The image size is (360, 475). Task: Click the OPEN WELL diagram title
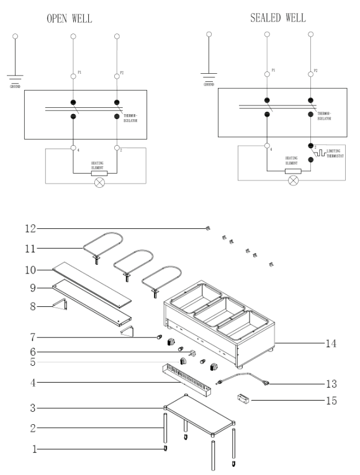(69, 19)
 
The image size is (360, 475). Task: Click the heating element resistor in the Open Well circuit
(99, 173)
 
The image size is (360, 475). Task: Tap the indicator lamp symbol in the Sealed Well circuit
(294, 180)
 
